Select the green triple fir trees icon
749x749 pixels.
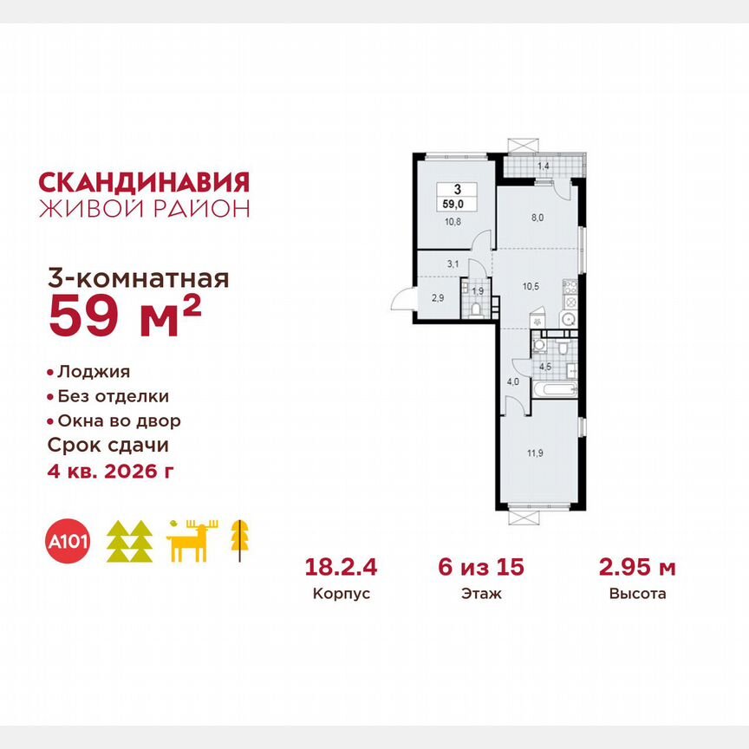point(129,541)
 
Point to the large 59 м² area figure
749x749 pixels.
point(126,317)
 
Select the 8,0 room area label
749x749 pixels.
point(537,218)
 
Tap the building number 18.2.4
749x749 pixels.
point(341,569)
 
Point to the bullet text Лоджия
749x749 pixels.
point(94,372)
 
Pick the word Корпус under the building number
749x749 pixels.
point(341,596)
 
